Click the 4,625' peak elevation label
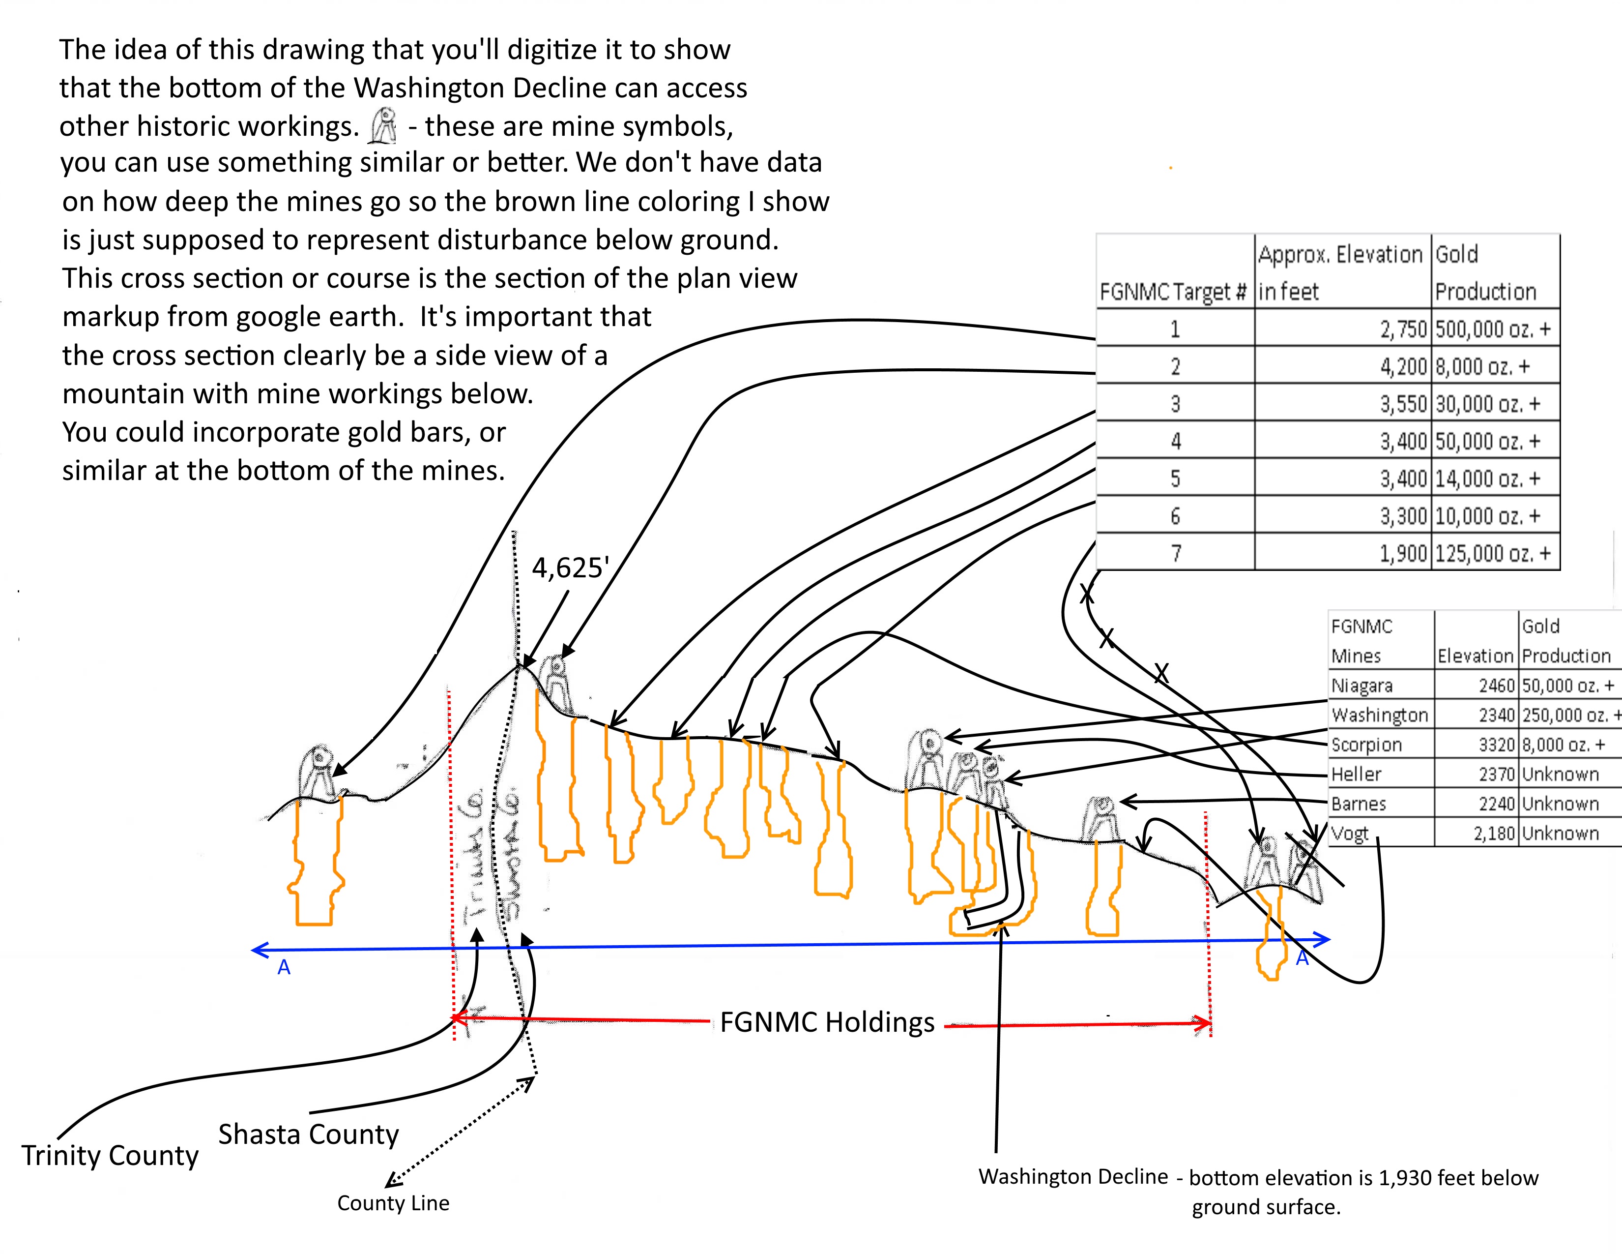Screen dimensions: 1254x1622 pyautogui.click(x=570, y=568)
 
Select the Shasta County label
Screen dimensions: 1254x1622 pyautogui.click(x=308, y=1135)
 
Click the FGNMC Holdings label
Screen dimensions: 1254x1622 pyautogui.click(x=827, y=1022)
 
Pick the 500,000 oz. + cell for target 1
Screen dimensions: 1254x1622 pyautogui.click(x=1493, y=329)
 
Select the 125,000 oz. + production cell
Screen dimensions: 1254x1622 pyautogui.click(x=1493, y=553)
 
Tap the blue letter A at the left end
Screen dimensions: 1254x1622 pyautogui.click(x=284, y=967)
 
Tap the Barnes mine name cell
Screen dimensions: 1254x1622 pyautogui.click(x=1359, y=804)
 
